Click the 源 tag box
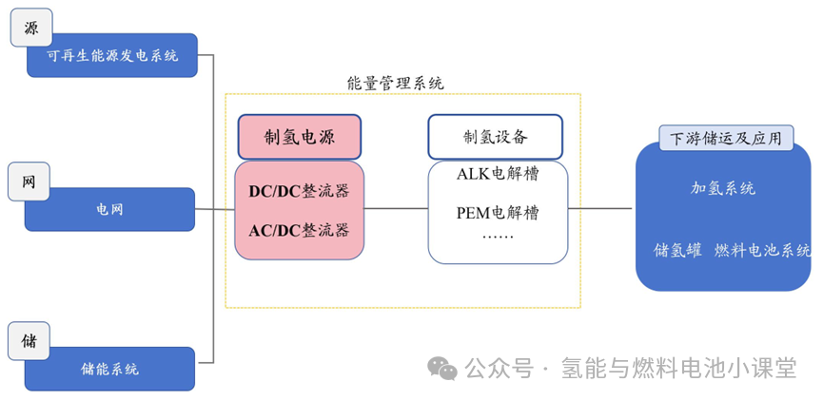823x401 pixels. click(x=31, y=28)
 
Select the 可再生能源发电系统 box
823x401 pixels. click(x=112, y=55)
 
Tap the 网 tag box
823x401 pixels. click(x=29, y=181)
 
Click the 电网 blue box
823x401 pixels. click(x=109, y=210)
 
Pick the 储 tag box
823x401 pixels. click(x=29, y=341)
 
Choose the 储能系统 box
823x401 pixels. click(x=109, y=369)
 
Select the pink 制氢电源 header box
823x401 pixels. click(x=300, y=137)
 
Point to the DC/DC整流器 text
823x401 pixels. click(x=299, y=191)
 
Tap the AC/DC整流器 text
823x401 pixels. click(x=299, y=230)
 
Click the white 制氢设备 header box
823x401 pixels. click(x=496, y=137)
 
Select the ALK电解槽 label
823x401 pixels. click(x=498, y=174)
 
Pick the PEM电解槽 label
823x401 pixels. click(x=498, y=213)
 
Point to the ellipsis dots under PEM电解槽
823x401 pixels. click(x=498, y=237)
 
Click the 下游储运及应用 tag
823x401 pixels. click(x=726, y=139)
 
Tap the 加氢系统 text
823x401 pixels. click(x=723, y=188)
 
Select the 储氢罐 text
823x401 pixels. click(x=677, y=251)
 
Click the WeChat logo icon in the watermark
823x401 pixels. click(x=442, y=368)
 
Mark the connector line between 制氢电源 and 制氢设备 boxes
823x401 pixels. click(x=396, y=209)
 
